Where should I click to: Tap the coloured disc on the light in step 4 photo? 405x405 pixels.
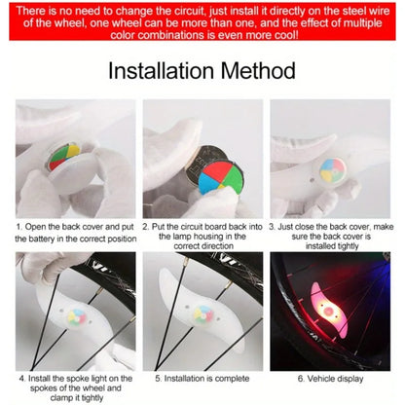[69, 317]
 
